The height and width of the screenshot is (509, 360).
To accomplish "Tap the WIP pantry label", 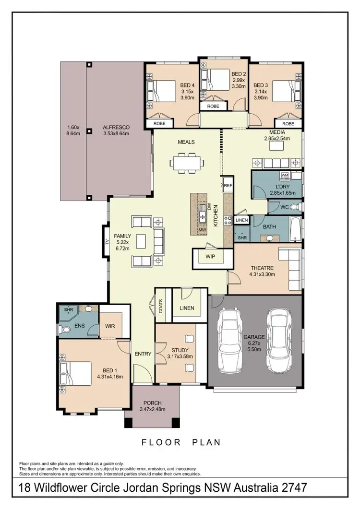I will click(x=210, y=257).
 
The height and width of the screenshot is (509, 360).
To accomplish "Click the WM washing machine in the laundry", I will click(x=285, y=175).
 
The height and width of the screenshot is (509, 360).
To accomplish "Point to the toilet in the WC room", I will click(x=296, y=207).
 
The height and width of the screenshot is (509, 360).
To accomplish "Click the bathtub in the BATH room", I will click(x=296, y=229).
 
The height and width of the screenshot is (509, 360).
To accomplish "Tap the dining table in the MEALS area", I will click(x=185, y=163).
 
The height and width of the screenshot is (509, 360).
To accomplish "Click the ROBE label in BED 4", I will click(x=159, y=123).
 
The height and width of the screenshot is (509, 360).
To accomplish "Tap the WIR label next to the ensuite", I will click(x=110, y=326).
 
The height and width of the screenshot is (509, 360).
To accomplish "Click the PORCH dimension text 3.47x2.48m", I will click(x=152, y=409).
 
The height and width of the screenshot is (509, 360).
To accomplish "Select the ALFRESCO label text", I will click(x=116, y=127).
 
